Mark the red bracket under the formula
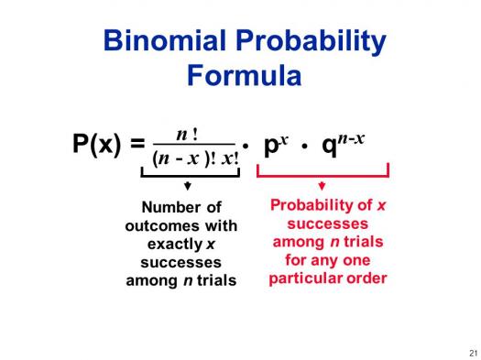click(322, 173)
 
